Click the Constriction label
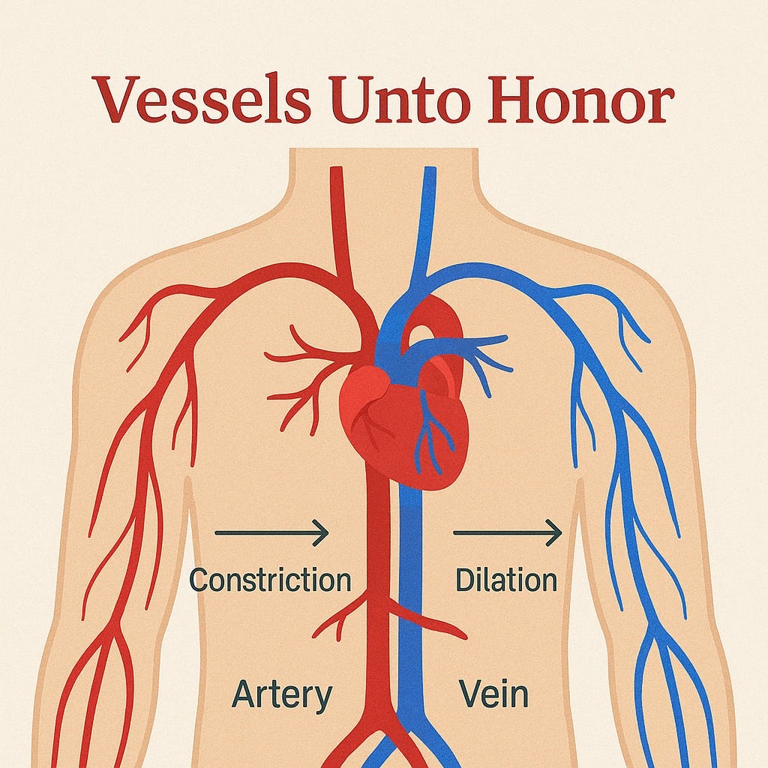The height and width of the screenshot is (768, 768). point(270,580)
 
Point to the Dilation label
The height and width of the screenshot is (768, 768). point(506,580)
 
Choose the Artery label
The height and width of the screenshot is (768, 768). point(281,694)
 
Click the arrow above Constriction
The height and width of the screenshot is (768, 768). point(271,532)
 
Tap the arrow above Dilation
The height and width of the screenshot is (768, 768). point(507,532)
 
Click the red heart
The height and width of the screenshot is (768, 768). point(390,420)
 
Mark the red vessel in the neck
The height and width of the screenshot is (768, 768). point(339,217)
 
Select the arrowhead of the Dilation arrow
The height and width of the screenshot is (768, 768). point(555,532)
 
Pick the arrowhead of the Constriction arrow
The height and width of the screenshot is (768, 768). point(322,532)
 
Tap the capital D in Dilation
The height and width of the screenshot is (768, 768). point(464,580)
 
